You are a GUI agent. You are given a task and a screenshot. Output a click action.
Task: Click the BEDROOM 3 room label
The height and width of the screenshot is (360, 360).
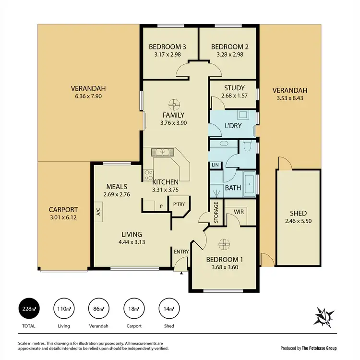(x=167, y=47)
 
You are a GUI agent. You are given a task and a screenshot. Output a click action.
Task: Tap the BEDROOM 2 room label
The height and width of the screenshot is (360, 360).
(x=229, y=47)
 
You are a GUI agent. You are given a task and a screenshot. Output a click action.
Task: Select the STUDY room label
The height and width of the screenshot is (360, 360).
(x=234, y=88)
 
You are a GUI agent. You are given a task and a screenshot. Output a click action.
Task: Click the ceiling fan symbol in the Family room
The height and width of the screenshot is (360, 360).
(x=173, y=104)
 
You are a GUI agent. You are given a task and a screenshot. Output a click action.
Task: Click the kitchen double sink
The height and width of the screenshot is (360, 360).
(x=163, y=153)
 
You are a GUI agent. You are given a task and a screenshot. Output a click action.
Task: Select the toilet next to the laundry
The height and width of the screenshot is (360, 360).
(x=247, y=145)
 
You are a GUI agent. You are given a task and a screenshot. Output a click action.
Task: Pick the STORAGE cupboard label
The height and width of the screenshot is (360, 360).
(x=216, y=212)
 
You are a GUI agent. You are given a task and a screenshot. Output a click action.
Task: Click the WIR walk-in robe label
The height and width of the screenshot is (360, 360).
(x=240, y=211)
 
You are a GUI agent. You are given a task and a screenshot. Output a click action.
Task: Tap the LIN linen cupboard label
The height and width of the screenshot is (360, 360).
(x=216, y=165)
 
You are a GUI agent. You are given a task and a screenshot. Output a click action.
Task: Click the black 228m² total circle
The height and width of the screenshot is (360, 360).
(x=29, y=309)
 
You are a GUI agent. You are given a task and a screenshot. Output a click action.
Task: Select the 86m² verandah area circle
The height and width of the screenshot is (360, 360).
(x=98, y=309)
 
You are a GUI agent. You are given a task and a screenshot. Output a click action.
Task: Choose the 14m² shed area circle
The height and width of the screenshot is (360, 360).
(x=168, y=309)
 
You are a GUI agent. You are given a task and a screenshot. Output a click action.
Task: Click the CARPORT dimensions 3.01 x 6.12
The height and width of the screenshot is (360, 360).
(x=63, y=217)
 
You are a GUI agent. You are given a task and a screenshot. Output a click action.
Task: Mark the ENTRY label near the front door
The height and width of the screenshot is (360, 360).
(x=182, y=252)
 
